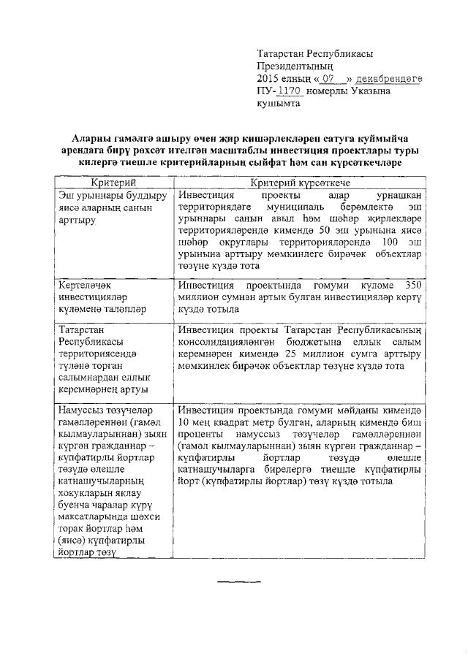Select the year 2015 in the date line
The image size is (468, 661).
click(x=269, y=78)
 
